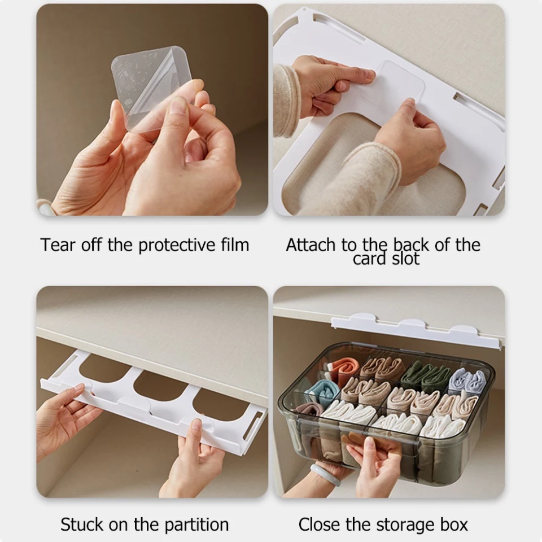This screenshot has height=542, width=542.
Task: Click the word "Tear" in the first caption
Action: [58, 244]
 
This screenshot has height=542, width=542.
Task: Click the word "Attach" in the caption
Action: [311, 244]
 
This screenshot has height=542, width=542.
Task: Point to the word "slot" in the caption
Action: [405, 259]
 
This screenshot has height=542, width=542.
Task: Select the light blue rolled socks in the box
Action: [322, 392]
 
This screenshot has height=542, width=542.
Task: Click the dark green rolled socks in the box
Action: [426, 376]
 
